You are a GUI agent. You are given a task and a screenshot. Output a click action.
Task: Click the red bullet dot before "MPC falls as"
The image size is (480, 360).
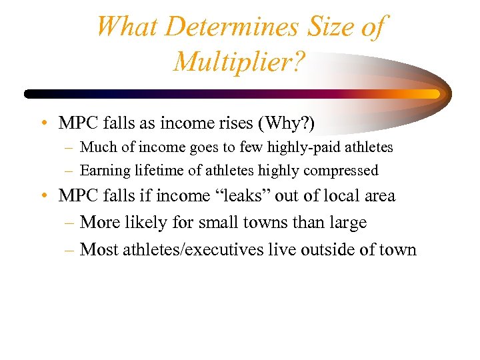click(x=42, y=124)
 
